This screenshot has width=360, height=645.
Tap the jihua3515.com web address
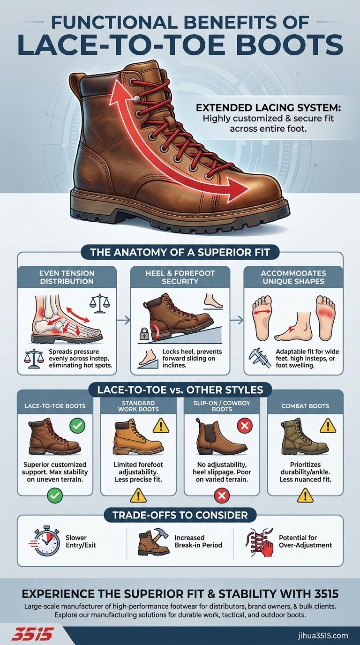tap(323, 636)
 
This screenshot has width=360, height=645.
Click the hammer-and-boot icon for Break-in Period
tap(154, 541)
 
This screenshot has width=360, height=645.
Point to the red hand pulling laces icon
tap(260, 541)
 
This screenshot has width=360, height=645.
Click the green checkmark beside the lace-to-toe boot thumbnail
tap(77, 426)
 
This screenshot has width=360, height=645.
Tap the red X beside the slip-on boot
tap(245, 426)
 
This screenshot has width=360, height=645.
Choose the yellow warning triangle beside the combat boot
tap(328, 426)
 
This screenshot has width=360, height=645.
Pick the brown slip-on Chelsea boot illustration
tap(220, 437)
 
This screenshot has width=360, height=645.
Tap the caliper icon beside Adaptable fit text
tap(260, 358)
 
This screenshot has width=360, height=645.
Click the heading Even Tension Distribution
tap(67, 277)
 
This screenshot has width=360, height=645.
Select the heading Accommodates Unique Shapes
tap(293, 277)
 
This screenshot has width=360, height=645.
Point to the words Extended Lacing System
tap(268, 108)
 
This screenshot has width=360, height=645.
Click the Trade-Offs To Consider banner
tap(180, 515)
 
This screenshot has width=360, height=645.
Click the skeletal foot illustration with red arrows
tap(67, 318)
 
